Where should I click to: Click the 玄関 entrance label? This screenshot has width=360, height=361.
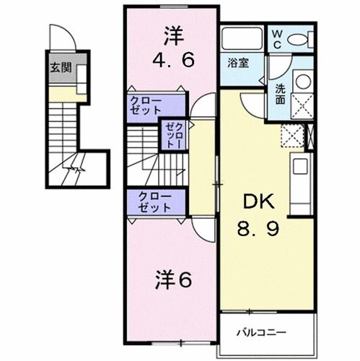(x=61, y=69)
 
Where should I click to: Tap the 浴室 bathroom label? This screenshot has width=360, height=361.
(x=240, y=63)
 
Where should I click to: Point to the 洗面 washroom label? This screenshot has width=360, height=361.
(x=280, y=94)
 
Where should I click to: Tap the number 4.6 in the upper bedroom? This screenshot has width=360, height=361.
(x=173, y=61)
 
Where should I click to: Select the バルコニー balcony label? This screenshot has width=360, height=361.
(x=262, y=333)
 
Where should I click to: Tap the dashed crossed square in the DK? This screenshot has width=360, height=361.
(x=292, y=135)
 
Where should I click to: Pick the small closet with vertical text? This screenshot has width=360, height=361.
(x=174, y=134)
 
